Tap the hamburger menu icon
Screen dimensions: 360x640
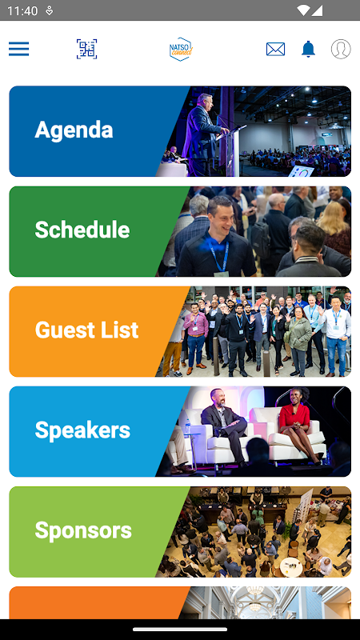[x=18, y=49]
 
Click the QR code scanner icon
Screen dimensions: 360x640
[x=87, y=49]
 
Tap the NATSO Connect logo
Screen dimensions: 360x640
[x=181, y=49]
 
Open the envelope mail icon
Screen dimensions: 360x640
[x=275, y=49]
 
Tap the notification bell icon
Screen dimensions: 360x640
[x=308, y=49]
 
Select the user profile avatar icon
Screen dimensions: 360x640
[x=341, y=49]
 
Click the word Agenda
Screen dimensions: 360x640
[x=74, y=130]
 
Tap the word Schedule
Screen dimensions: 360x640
[x=82, y=230]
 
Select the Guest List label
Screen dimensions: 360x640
[x=86, y=330]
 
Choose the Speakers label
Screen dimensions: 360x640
[x=82, y=430]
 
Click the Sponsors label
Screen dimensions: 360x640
[x=83, y=530]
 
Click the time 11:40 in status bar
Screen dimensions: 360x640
[x=22, y=10]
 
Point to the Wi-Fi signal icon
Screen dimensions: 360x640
[x=303, y=10]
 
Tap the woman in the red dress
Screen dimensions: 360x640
[x=294, y=425]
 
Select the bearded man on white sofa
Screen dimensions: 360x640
[x=224, y=425]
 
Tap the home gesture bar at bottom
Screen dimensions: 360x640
[x=180, y=630]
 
